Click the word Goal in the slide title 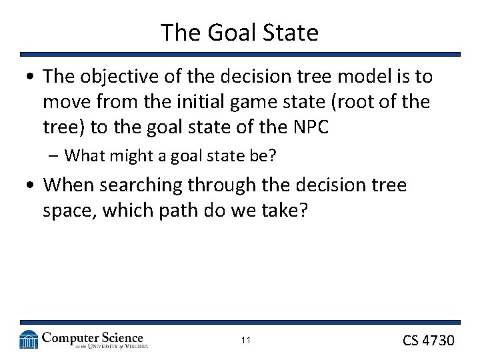[x=226, y=32]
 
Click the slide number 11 [x=245, y=341]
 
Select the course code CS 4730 [x=428, y=341]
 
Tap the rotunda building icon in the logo [x=29, y=339]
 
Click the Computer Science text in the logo [x=92, y=337]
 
